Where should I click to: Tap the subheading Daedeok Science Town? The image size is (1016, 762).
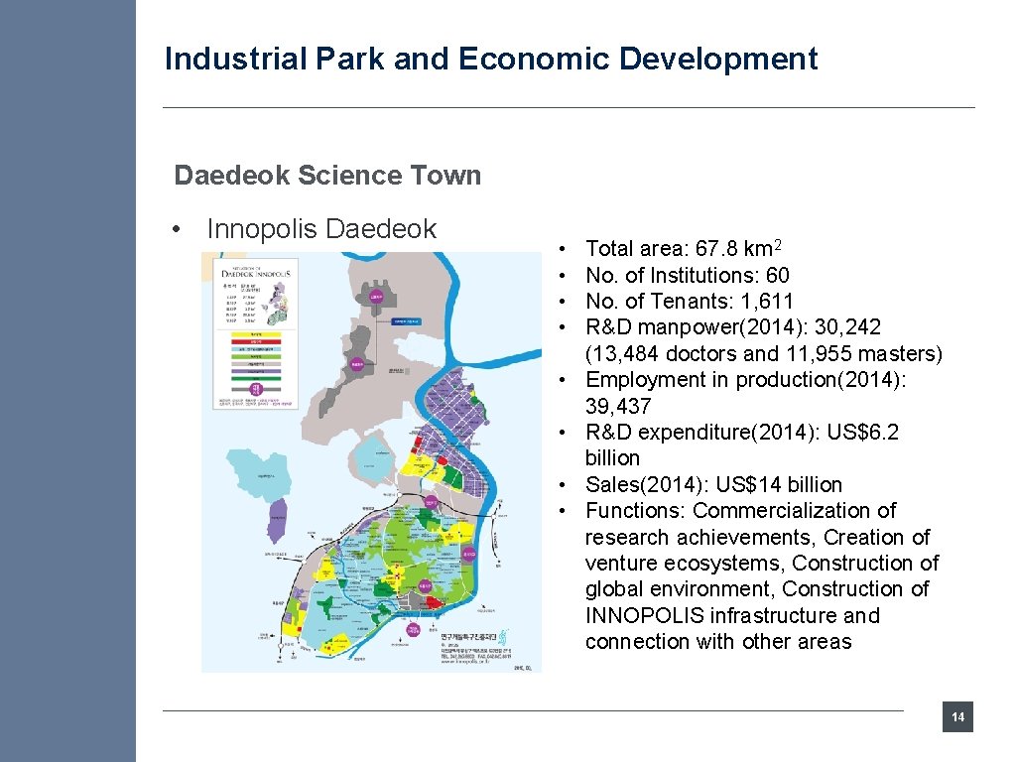click(327, 176)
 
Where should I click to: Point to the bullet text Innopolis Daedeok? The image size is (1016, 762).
click(320, 229)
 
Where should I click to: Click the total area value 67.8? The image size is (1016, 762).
click(711, 249)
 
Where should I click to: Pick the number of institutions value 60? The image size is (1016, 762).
click(777, 275)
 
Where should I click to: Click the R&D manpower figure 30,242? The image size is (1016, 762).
click(844, 327)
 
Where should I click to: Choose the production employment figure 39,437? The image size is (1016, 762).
click(618, 406)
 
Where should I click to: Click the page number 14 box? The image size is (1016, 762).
click(957, 717)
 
